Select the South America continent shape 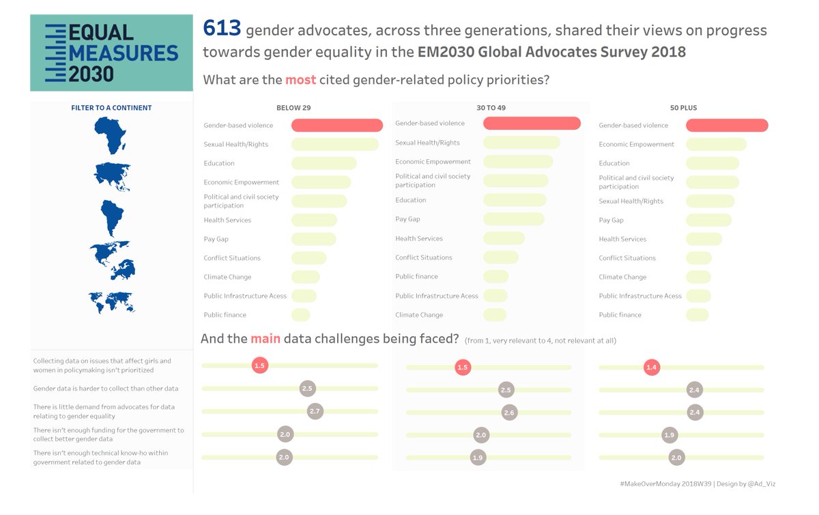(111, 217)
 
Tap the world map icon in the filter (111, 301)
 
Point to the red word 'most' (300, 80)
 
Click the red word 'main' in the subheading (265, 339)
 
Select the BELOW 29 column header (293, 108)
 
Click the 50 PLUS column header (683, 108)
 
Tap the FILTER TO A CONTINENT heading (111, 108)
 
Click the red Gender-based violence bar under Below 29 (337, 126)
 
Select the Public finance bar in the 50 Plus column (698, 315)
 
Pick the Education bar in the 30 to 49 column (515, 200)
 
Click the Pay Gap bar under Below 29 (314, 239)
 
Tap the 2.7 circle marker (315, 411)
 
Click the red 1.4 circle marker (652, 367)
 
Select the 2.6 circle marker (508, 413)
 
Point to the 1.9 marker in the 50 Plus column (670, 435)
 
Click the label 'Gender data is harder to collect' (106, 389)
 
